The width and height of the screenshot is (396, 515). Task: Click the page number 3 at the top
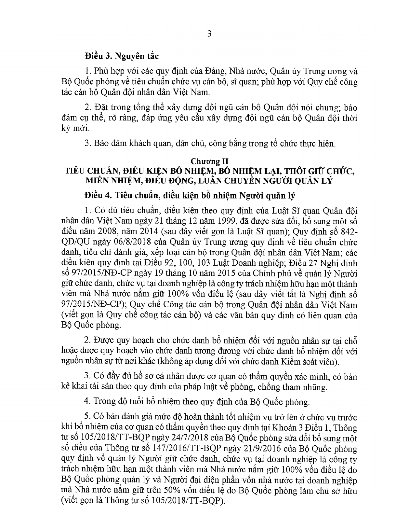coord(209,34)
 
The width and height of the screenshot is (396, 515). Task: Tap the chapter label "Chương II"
coord(209,161)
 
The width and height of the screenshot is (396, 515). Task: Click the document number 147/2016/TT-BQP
coord(168,449)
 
